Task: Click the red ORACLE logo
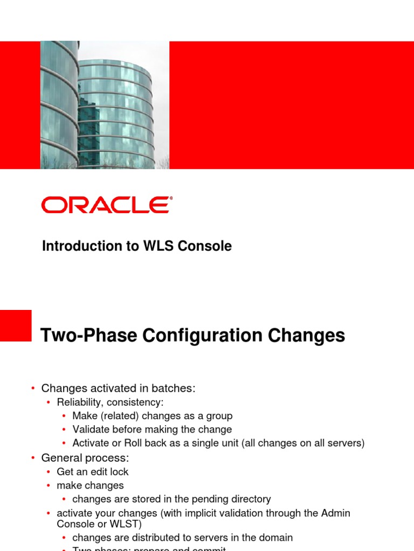coord(107,205)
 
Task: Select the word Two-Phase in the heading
coord(89,336)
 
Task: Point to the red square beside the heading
coord(16,325)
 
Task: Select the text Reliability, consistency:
coord(110,402)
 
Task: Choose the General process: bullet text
coord(85,458)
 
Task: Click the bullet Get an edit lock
coord(93,472)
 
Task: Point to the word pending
coord(203,499)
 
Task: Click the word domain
coord(276,538)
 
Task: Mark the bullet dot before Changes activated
coord(32,388)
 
